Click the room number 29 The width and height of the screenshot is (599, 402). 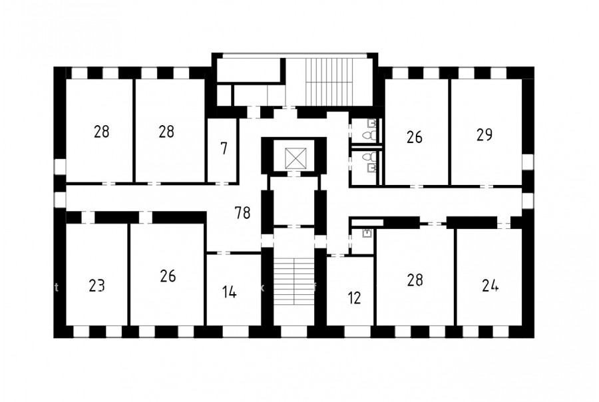coord(485,135)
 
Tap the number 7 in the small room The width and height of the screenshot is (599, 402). coord(224,148)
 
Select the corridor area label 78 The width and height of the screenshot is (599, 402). coord(243,213)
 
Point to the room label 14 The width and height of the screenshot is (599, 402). coord(229,292)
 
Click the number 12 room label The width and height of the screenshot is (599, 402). coord(355,298)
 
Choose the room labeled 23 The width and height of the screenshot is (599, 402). coord(97,286)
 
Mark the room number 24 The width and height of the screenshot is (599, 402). coord(490,285)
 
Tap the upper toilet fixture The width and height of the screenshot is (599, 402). coord(367,135)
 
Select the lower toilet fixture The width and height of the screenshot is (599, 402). coord(367,156)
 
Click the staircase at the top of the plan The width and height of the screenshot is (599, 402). coord(329,81)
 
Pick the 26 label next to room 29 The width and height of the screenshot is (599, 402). coord(415,137)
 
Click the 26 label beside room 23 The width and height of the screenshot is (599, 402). coord(168,276)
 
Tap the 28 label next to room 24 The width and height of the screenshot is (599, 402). coord(415,280)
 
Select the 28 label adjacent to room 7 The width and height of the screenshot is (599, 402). coord(166,132)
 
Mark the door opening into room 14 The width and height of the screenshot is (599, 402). coord(224,253)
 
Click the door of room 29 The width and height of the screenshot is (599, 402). coord(487,186)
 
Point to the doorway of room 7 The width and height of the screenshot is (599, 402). coord(222,184)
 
